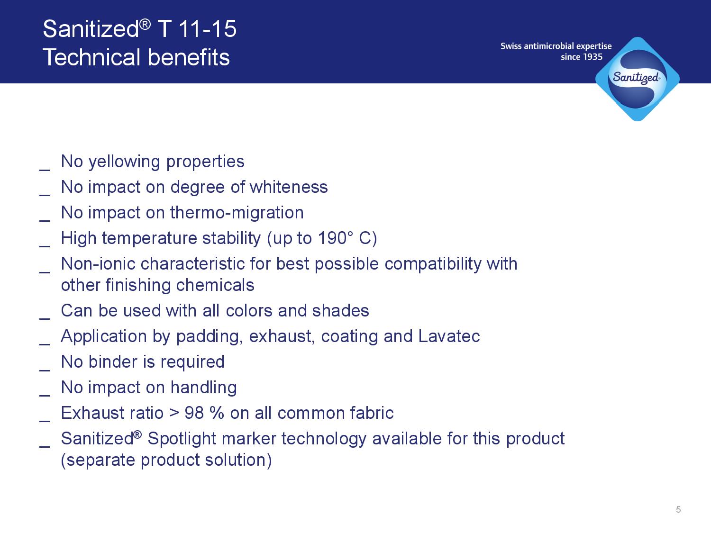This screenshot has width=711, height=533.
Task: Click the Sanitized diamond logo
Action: [x=638, y=79]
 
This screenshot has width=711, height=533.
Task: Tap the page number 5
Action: [x=678, y=510]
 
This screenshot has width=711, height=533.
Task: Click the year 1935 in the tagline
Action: [x=592, y=57]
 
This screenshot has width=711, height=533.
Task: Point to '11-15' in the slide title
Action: [x=207, y=29]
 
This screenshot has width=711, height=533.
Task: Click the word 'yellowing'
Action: [x=124, y=163]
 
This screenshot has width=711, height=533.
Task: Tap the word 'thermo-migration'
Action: [x=237, y=213]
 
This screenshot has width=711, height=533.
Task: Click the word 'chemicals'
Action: [x=215, y=285]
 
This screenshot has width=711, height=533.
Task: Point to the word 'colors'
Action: [x=249, y=311]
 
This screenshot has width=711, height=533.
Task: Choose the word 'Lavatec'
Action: [x=449, y=336]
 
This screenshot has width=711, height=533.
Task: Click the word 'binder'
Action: [x=113, y=362]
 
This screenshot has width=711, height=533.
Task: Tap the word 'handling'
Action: [x=204, y=388]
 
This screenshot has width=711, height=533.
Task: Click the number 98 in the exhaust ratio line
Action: [x=194, y=413]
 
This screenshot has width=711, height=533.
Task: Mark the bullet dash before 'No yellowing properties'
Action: [x=45, y=170]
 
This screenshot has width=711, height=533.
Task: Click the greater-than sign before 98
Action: [x=174, y=413]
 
